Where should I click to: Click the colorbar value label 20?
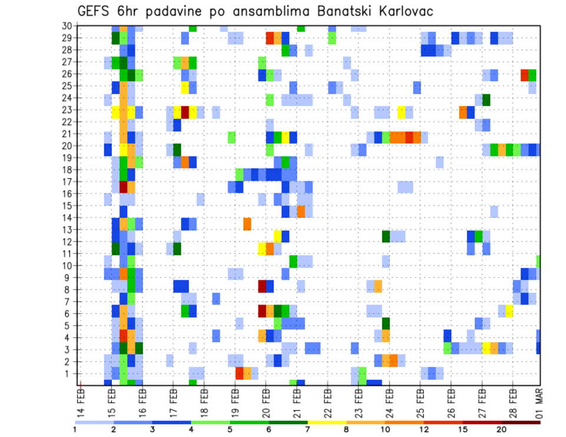point(502,429)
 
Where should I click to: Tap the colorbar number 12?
point(424,429)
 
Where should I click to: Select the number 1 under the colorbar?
point(75,429)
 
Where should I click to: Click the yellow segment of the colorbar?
point(327,422)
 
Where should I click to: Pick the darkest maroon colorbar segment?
point(521,422)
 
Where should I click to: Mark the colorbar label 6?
point(269,429)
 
